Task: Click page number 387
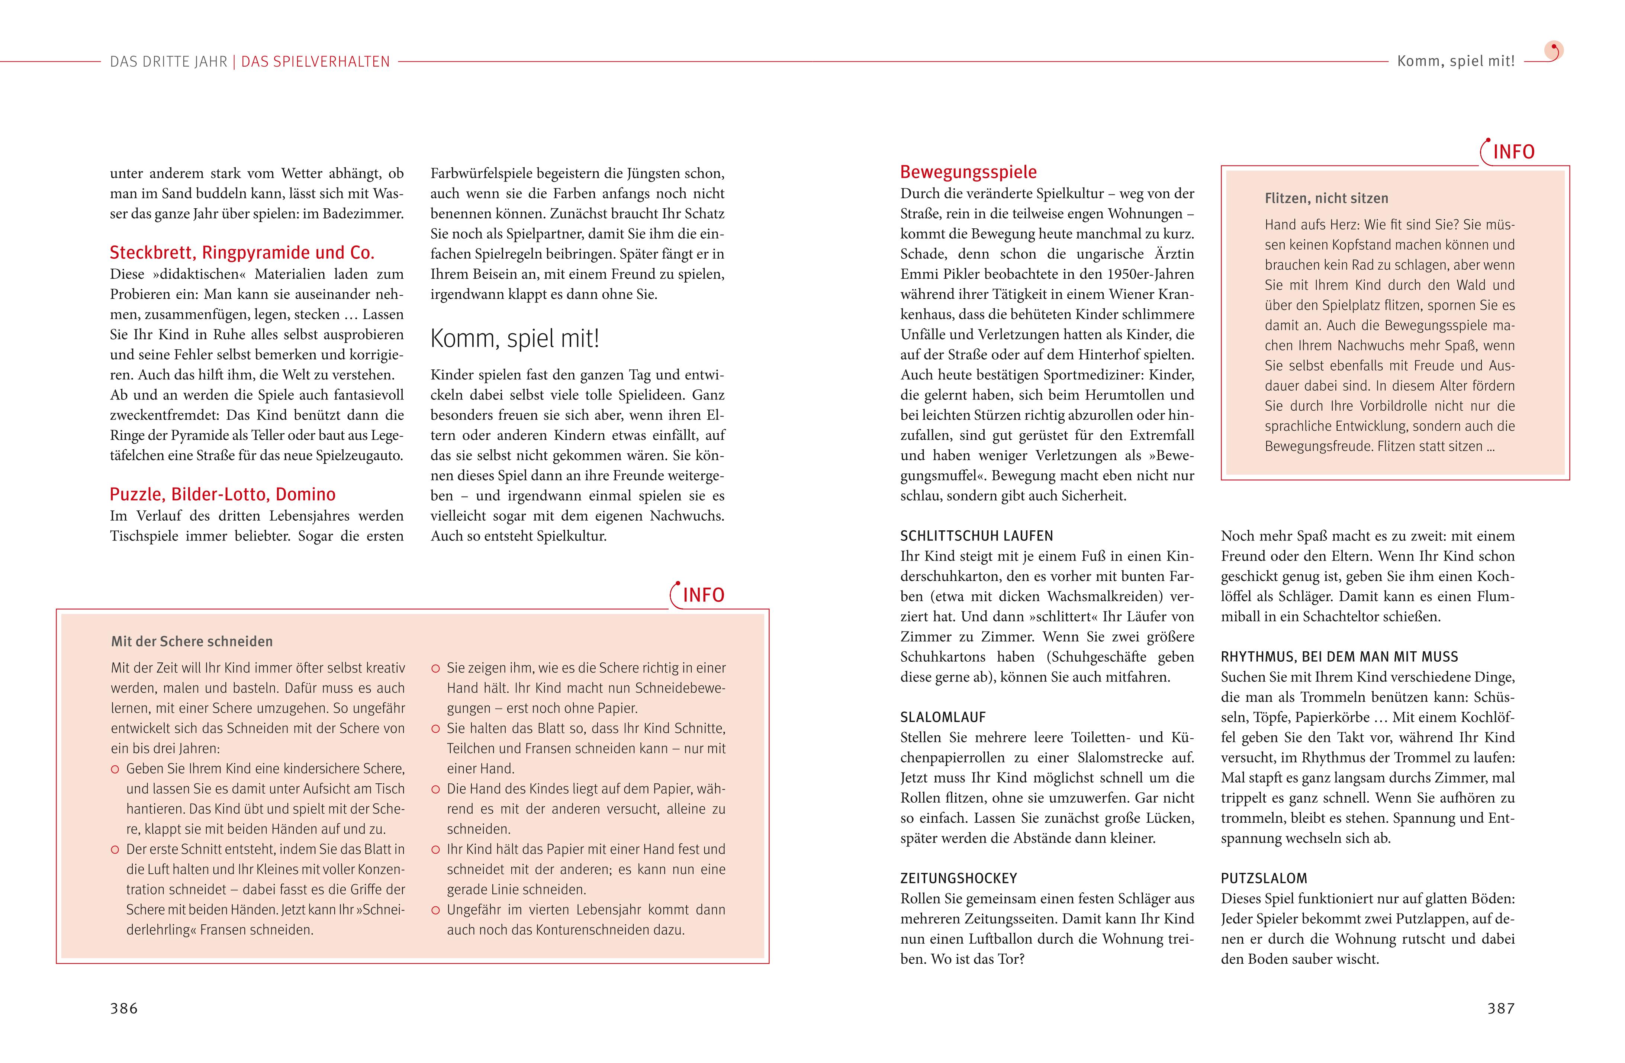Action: (1501, 1008)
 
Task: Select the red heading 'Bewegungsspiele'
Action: (968, 172)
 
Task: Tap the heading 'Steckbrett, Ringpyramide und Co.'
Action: (242, 253)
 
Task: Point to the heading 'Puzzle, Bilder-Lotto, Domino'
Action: (223, 494)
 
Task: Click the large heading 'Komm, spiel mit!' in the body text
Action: (515, 338)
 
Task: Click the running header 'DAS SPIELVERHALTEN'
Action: (315, 61)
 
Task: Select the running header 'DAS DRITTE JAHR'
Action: (169, 61)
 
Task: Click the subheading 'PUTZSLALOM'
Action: (1264, 879)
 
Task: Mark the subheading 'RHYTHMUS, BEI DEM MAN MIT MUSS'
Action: (1339, 657)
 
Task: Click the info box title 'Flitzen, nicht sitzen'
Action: (1326, 199)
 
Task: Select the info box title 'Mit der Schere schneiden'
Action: (192, 642)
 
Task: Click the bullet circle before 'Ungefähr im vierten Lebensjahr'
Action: (435, 910)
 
